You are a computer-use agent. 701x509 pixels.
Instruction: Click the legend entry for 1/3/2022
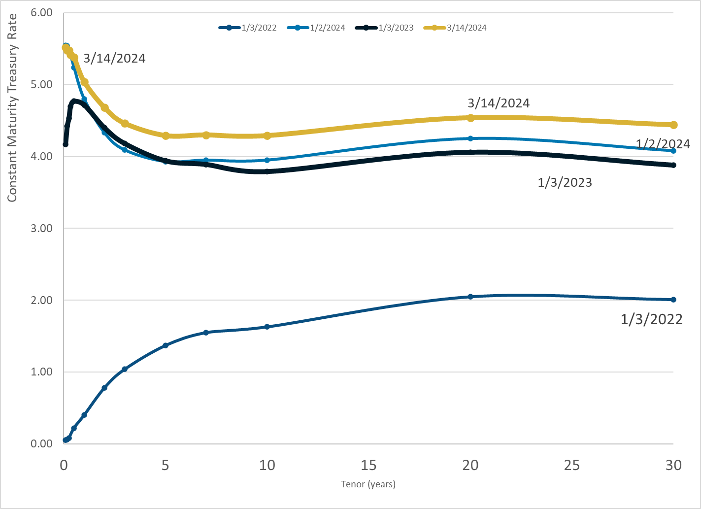[x=248, y=28]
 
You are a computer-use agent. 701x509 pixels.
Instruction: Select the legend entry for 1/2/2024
[x=316, y=28]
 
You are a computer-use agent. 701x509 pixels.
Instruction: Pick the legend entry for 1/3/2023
[x=385, y=28]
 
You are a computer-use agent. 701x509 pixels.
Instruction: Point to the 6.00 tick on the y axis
[x=41, y=13]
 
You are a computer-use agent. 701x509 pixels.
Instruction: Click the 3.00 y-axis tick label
[x=41, y=228]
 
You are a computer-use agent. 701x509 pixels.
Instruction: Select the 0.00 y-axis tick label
[x=41, y=443]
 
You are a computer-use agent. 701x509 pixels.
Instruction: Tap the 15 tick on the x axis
[x=368, y=465]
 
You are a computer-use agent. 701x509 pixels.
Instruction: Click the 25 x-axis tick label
[x=572, y=465]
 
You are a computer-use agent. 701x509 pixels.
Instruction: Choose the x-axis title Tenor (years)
[x=368, y=484]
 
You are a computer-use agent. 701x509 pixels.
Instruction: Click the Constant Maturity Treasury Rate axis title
[x=12, y=108]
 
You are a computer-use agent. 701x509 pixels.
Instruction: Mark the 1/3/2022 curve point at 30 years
[x=673, y=300]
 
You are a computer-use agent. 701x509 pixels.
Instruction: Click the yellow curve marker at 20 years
[x=470, y=118]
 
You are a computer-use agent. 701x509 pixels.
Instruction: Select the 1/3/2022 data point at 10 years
[x=267, y=327]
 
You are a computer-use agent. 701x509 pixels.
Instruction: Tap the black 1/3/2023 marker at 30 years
[x=673, y=165]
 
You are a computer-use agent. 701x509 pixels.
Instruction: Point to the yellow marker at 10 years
[x=267, y=136]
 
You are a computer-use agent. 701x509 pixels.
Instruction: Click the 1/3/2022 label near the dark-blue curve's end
[x=651, y=320]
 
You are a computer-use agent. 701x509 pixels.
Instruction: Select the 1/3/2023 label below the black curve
[x=565, y=183]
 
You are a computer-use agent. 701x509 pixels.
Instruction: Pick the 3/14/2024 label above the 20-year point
[x=499, y=103]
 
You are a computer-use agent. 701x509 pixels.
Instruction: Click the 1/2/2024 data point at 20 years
[x=470, y=138]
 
